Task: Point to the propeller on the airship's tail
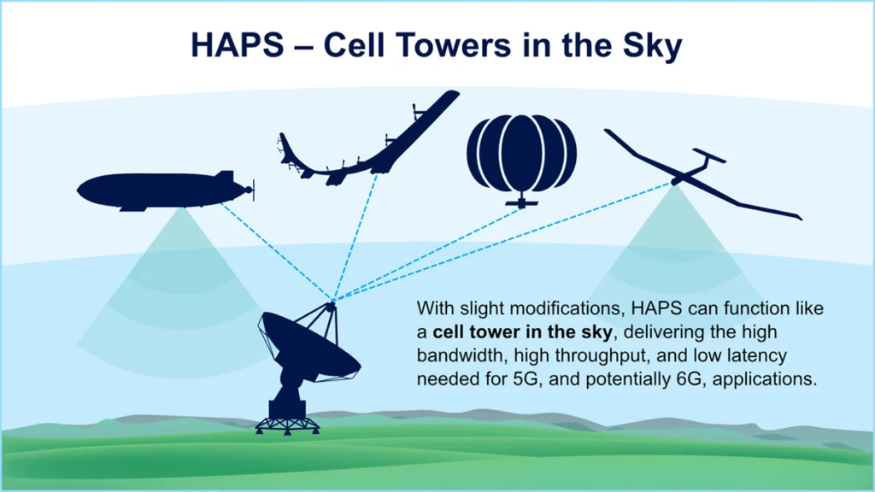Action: [x=250, y=190]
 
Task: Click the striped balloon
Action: [x=521, y=154]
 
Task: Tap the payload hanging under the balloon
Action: [x=520, y=204]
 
